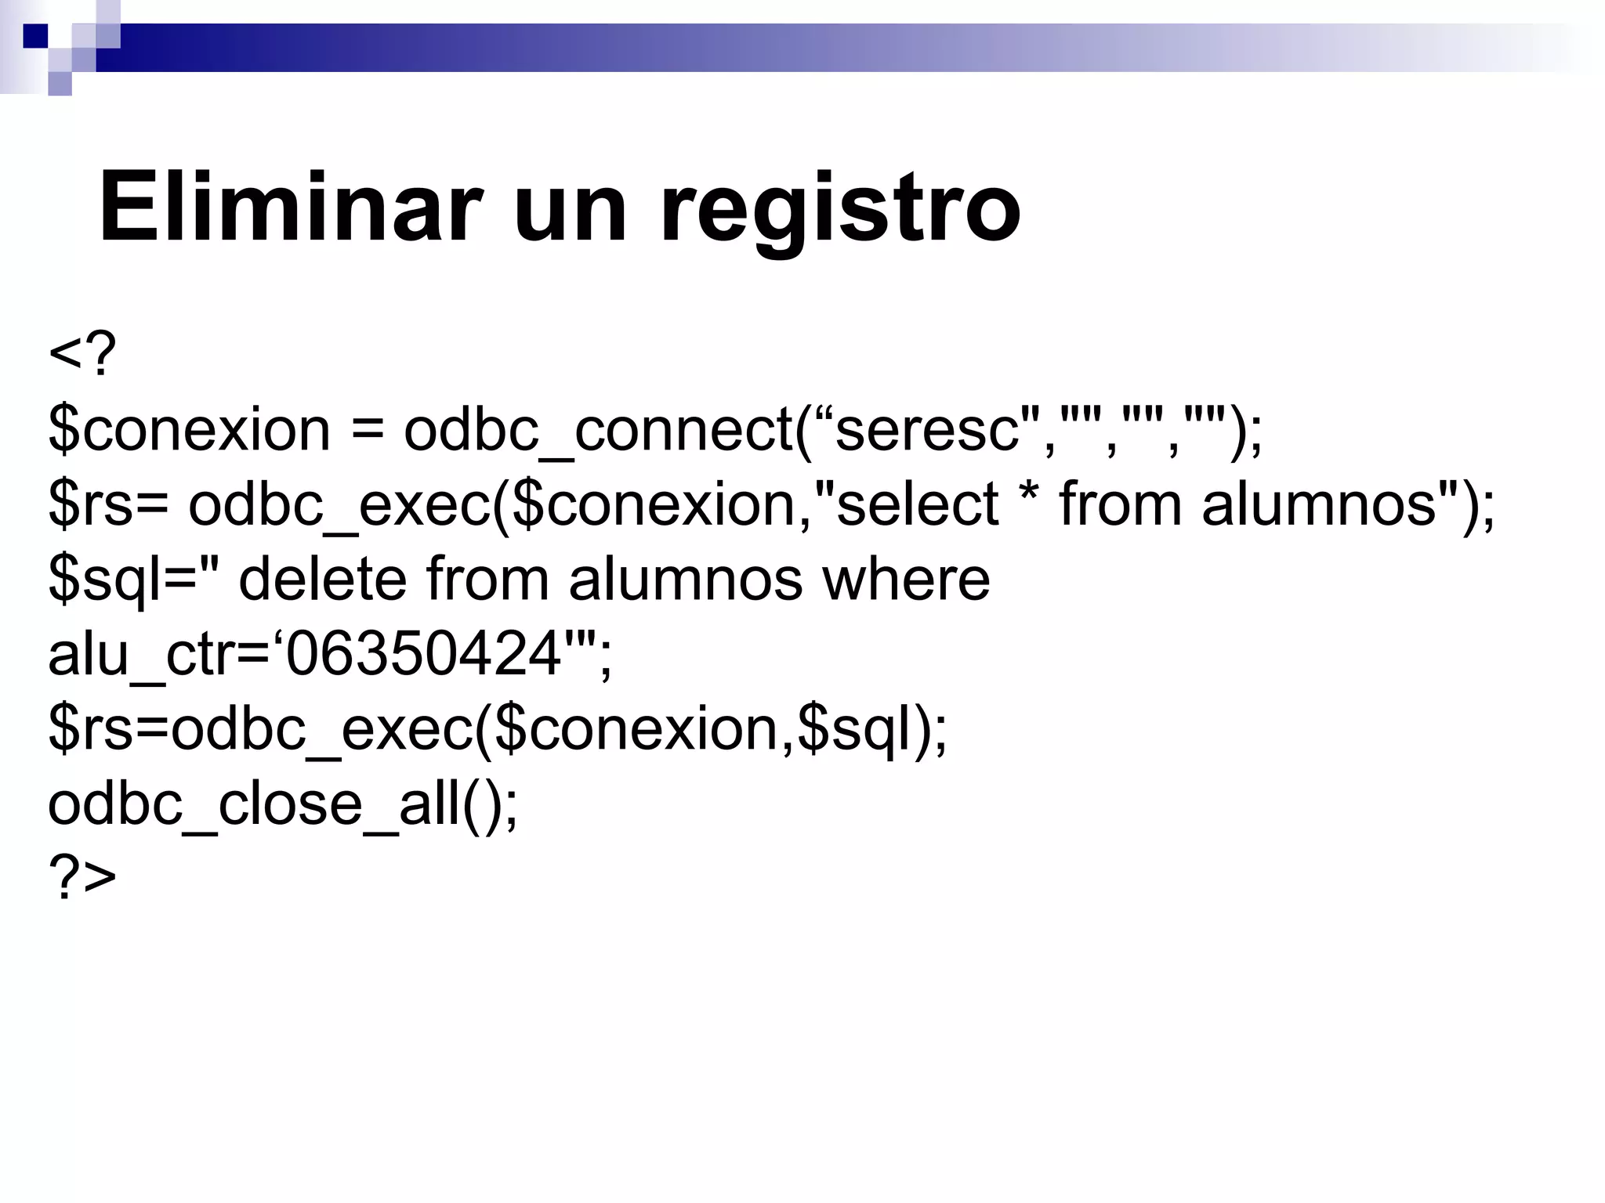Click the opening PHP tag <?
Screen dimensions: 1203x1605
coord(82,355)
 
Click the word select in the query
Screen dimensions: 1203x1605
coord(917,504)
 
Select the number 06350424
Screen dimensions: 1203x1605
coord(423,655)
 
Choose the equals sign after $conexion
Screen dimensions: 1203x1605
coord(367,432)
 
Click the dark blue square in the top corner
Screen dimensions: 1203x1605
coord(35,36)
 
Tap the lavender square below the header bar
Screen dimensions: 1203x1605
coord(60,83)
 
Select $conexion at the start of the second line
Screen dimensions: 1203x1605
coord(189,430)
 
